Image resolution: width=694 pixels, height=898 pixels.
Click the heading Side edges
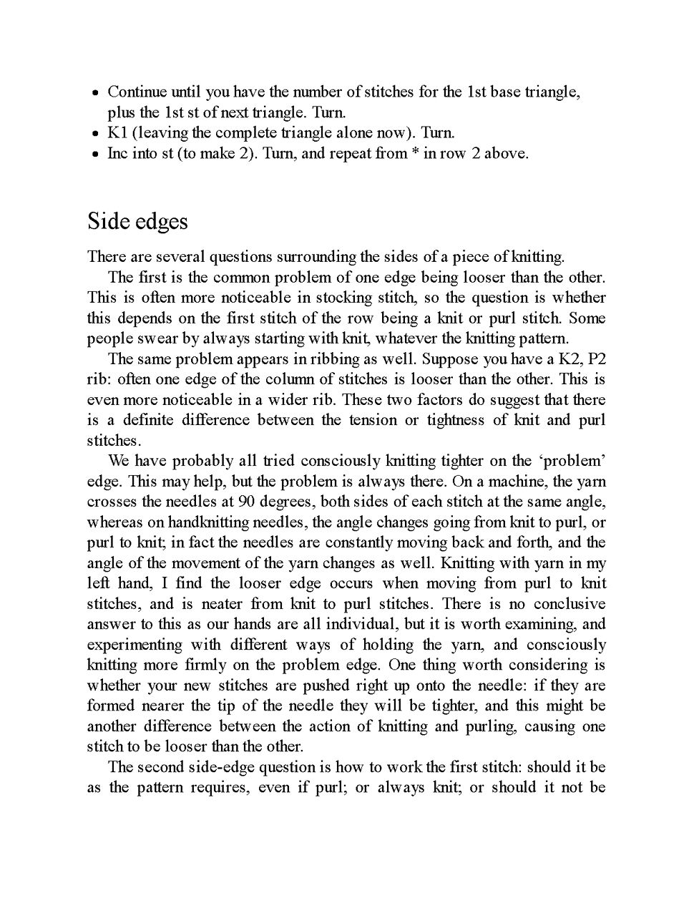pyautogui.click(x=137, y=222)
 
